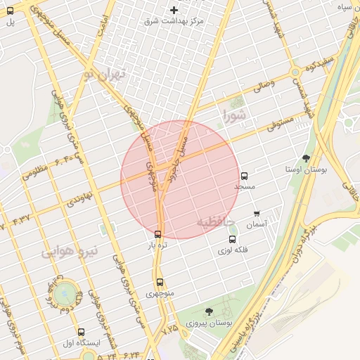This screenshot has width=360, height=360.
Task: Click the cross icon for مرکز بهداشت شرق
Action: click(174, 10)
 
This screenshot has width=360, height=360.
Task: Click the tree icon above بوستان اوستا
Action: click(305, 158)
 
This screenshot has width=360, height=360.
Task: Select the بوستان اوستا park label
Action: click(304, 169)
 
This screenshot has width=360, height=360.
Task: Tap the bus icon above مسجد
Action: click(245, 176)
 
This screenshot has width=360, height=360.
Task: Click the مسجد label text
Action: click(245, 187)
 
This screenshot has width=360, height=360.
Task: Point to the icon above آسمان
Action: click(256, 214)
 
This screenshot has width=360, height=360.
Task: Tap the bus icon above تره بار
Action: click(157, 234)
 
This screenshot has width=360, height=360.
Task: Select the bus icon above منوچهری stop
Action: click(160, 282)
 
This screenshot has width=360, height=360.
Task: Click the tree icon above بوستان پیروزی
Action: click(208, 311)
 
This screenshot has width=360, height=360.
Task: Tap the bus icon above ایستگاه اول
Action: click(81, 332)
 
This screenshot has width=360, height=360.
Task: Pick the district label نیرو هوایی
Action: click(70, 251)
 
